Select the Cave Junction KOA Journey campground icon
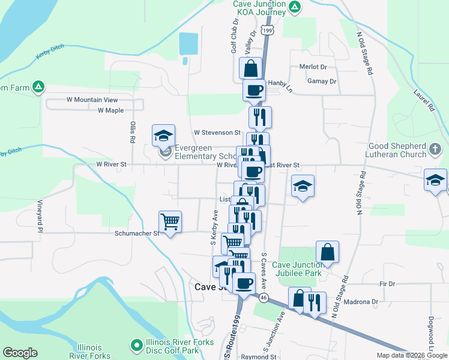(x=295, y=7)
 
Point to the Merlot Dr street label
(x=315, y=67)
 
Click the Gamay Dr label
(x=322, y=81)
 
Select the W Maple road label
(x=110, y=110)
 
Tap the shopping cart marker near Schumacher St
(x=170, y=222)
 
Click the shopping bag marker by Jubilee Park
(x=327, y=252)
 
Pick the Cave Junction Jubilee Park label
(x=297, y=269)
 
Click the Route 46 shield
(x=263, y=297)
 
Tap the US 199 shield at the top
(x=267, y=29)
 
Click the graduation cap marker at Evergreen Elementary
(x=163, y=136)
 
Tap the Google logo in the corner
(x=20, y=353)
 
